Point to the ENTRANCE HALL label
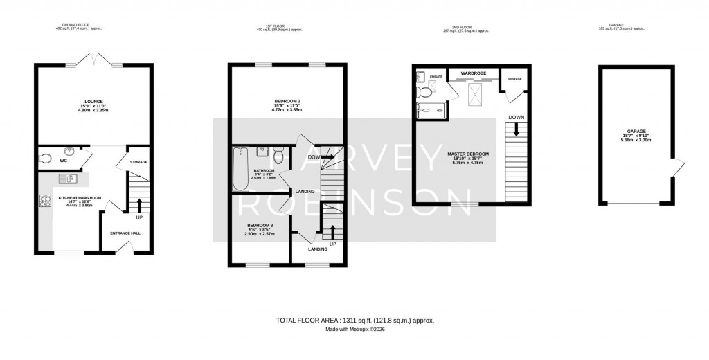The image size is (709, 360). pos(125,233)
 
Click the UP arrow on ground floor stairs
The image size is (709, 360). pos(139,203)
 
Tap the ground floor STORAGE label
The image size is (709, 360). pos(139,162)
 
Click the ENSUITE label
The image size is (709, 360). pos(436,76)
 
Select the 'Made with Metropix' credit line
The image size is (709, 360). pos(354,330)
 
